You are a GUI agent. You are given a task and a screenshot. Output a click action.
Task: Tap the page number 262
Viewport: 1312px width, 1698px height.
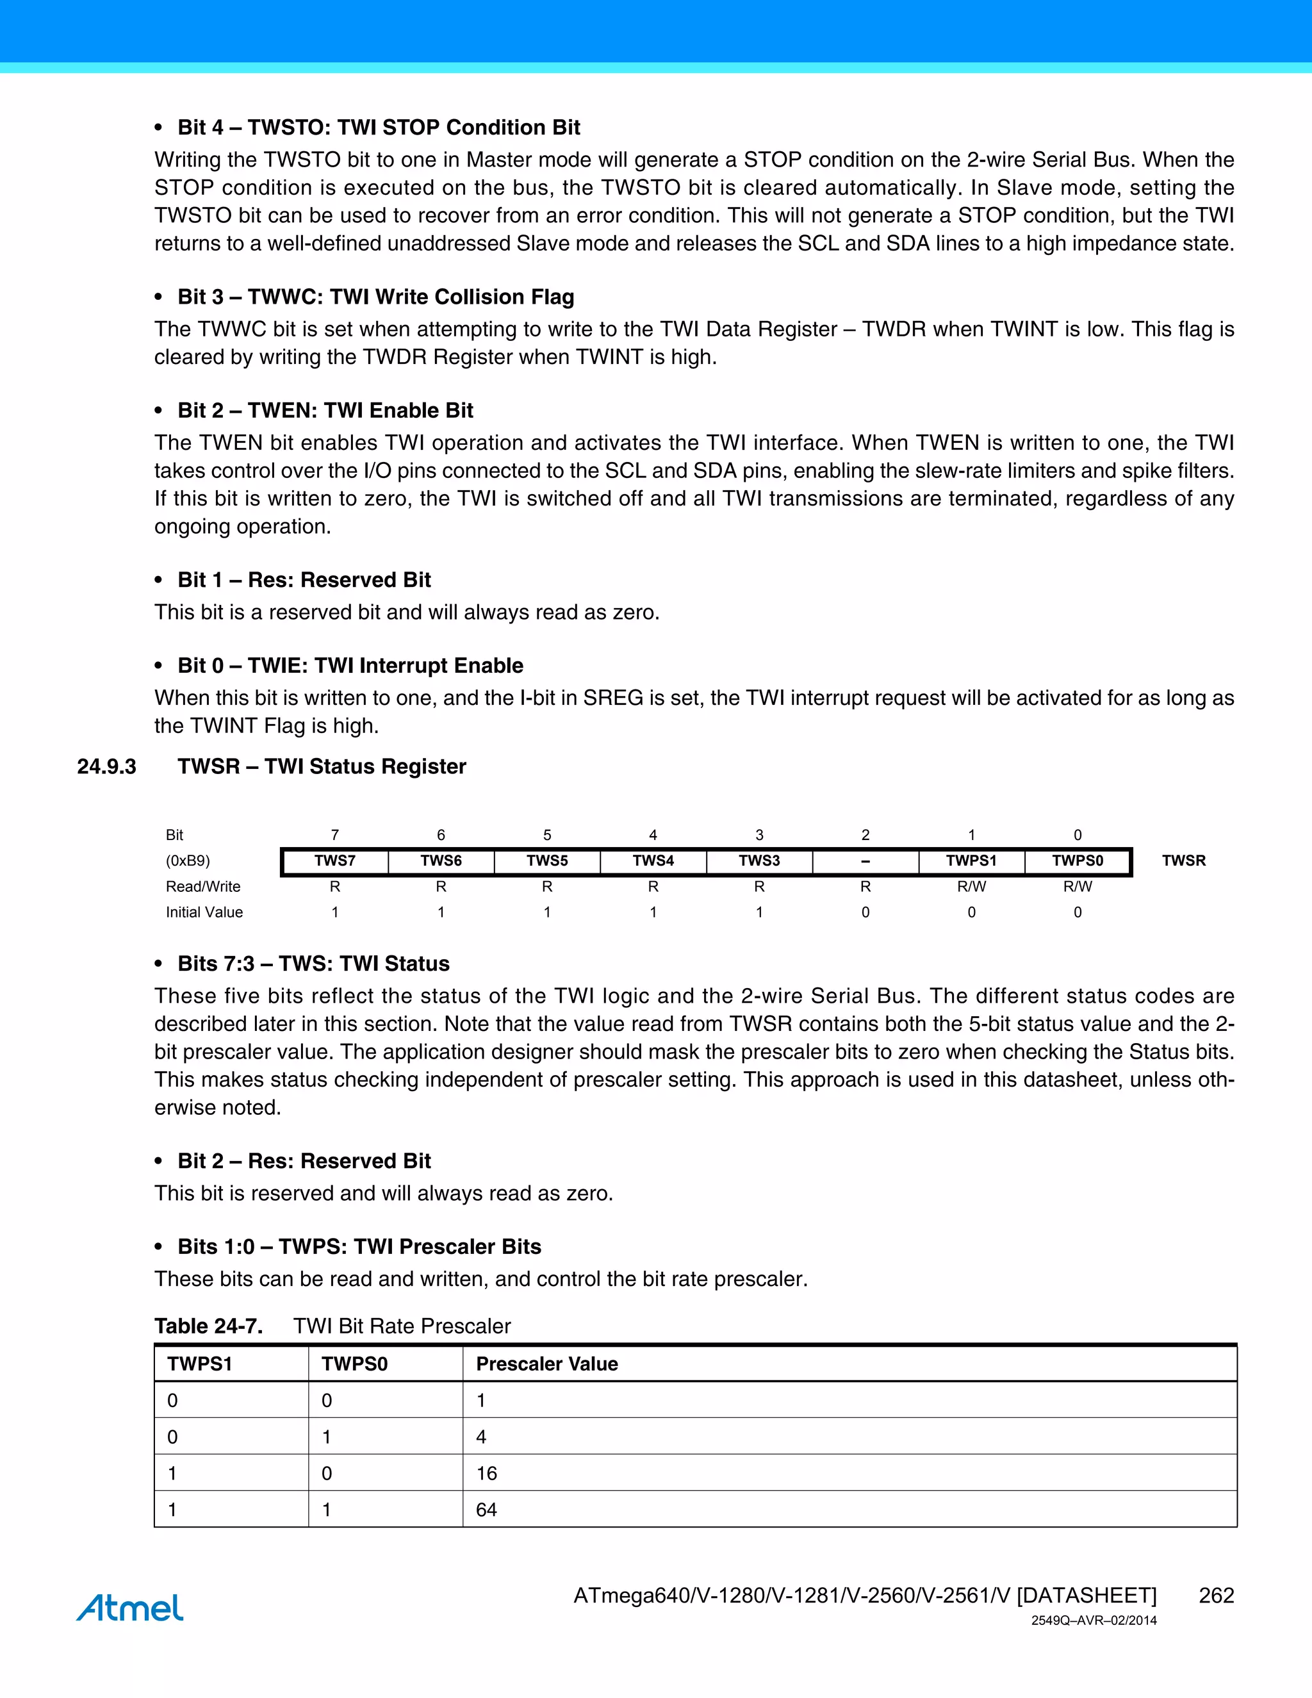[x=1216, y=1595]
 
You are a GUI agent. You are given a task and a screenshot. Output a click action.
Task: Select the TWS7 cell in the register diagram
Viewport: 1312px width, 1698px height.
[x=335, y=861]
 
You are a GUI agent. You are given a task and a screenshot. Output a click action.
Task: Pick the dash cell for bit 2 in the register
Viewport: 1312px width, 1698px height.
[x=865, y=861]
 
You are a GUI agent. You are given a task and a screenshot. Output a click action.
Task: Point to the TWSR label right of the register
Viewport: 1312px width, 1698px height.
[x=1183, y=861]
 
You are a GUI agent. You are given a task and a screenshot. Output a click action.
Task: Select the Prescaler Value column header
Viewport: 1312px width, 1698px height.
[x=546, y=1364]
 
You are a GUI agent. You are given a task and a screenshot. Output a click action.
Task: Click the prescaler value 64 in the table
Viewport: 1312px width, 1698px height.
[x=487, y=1510]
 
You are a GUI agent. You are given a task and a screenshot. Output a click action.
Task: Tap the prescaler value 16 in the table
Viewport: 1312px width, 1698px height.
[x=487, y=1473]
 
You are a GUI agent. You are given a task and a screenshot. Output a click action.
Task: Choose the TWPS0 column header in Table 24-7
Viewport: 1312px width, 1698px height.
[x=354, y=1364]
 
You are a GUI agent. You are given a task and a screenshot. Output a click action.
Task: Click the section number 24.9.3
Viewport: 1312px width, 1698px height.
[x=106, y=766]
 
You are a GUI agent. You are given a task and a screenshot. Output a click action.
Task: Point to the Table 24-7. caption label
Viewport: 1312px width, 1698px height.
[x=208, y=1326]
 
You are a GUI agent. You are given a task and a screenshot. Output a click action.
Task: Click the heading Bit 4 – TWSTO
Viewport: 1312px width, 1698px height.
[x=379, y=128]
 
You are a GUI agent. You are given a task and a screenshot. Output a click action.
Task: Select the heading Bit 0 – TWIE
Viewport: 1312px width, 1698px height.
[x=350, y=666]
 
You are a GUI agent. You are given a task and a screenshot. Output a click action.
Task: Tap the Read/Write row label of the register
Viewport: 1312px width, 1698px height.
[x=203, y=886]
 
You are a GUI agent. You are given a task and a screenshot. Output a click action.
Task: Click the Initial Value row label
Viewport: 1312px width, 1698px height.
[x=204, y=912]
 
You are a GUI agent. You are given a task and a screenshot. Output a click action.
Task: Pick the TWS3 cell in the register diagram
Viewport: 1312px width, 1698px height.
[x=758, y=861]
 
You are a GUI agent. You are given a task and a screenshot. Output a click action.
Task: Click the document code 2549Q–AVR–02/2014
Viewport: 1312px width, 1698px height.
[x=1094, y=1621]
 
